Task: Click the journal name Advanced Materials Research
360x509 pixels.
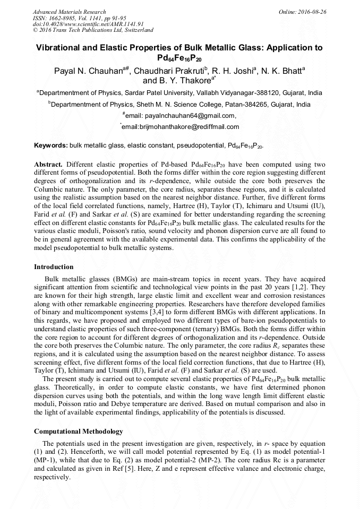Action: coord(69,12)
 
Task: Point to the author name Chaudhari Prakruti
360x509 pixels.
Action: coord(170,70)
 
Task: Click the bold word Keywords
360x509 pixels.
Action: coord(50,145)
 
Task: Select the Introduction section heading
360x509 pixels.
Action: coord(54,266)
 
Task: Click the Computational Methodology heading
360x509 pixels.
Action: coord(78,431)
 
